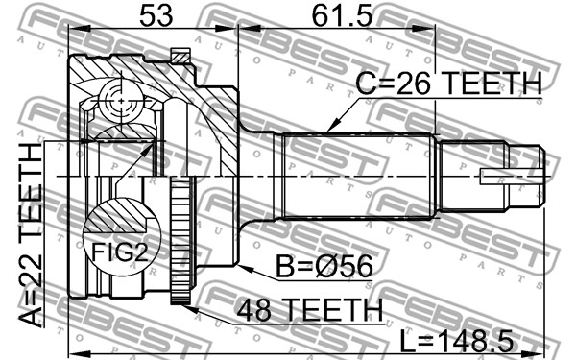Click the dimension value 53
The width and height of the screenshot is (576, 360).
point(156,15)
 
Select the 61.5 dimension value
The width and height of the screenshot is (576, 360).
point(343,15)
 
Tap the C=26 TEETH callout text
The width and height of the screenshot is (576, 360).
point(449,84)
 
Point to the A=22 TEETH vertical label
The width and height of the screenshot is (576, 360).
point(31,235)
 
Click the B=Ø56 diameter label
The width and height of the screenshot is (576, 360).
point(324,267)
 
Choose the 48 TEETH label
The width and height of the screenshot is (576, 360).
point(309,310)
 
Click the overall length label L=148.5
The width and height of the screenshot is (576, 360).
point(456,341)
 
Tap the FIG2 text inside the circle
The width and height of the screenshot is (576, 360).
point(120,252)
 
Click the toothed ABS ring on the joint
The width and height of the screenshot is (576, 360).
point(180,241)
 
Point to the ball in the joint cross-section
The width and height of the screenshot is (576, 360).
point(121,100)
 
